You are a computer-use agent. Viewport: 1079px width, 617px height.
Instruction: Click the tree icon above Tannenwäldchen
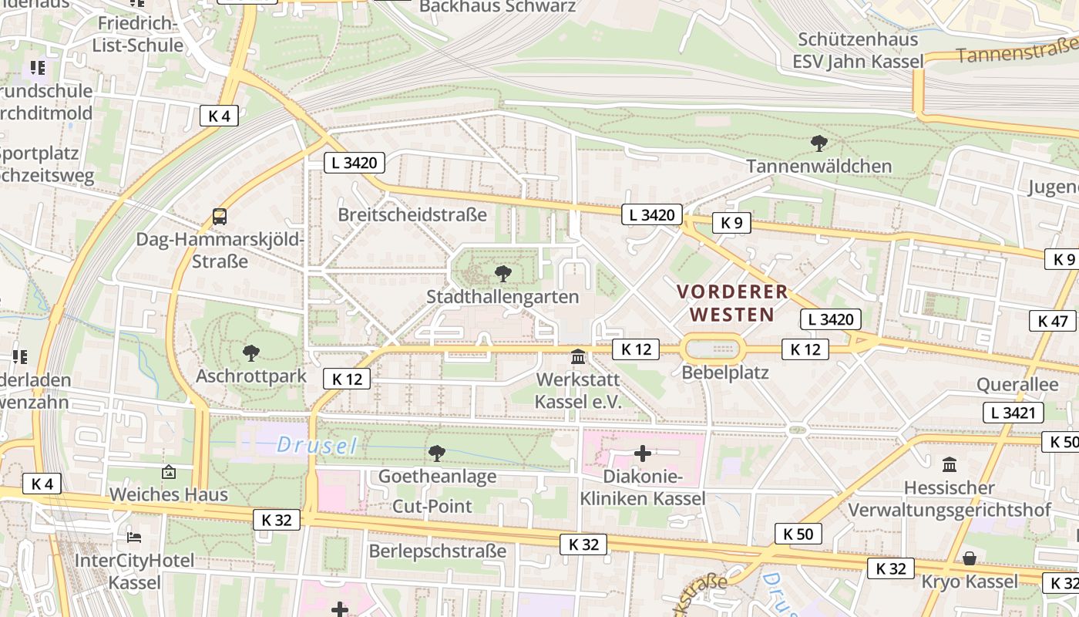tap(818, 143)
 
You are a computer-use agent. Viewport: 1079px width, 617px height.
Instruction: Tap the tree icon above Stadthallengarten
tap(503, 273)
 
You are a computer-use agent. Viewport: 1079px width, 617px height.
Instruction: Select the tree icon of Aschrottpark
tap(250, 353)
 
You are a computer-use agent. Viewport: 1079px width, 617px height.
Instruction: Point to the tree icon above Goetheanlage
tap(436, 453)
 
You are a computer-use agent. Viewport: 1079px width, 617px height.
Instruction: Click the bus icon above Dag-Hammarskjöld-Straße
tap(220, 216)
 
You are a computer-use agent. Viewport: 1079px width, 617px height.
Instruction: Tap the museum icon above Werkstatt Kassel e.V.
tap(577, 356)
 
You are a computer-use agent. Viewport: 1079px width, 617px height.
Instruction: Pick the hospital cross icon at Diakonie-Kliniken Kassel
tap(642, 453)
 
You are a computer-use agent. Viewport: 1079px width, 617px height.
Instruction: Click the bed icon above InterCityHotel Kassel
tap(134, 537)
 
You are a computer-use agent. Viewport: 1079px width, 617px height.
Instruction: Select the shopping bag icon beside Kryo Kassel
tap(970, 558)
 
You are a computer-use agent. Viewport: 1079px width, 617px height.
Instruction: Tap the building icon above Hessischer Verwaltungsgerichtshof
tap(950, 464)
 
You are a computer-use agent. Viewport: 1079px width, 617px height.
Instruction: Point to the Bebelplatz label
tap(725, 373)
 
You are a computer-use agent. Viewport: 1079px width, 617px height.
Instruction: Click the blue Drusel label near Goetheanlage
tap(317, 445)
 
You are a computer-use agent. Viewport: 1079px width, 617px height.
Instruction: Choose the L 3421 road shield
tap(1013, 413)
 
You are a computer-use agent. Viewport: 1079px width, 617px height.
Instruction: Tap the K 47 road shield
tap(1052, 321)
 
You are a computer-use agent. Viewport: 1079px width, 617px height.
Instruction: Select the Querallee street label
tap(1017, 384)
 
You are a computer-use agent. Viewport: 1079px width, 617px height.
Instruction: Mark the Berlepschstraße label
tap(437, 551)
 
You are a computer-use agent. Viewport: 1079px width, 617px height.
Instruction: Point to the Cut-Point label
tap(432, 506)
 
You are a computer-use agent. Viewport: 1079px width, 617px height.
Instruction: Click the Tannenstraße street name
tap(1017, 52)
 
